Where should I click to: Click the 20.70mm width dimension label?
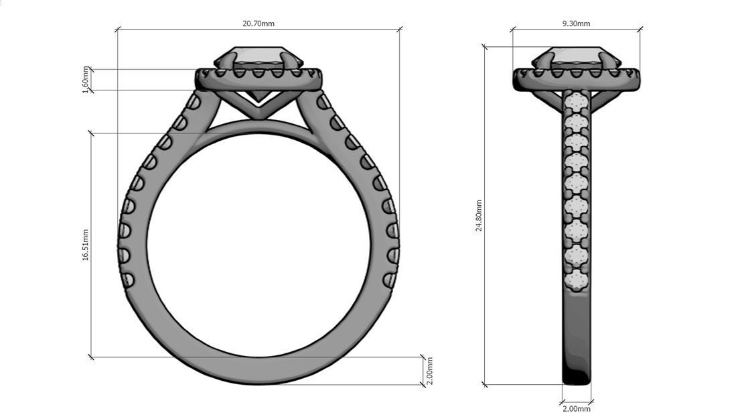click(258, 23)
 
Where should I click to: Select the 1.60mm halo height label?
click(85, 79)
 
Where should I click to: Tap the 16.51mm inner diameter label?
click(85, 245)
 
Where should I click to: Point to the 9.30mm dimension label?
click(576, 23)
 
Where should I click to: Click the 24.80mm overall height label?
click(479, 215)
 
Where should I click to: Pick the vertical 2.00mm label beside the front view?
click(429, 370)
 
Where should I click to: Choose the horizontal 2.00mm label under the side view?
click(576, 409)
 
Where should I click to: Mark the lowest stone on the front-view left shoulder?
click(127, 278)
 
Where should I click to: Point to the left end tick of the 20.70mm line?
click(118, 29)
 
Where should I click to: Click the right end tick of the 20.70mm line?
click(400, 29)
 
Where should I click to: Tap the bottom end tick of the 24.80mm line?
click(483, 385)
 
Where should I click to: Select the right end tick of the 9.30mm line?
click(640, 29)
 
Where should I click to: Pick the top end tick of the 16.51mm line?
click(91, 133)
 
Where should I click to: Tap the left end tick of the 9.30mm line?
click(513, 29)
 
